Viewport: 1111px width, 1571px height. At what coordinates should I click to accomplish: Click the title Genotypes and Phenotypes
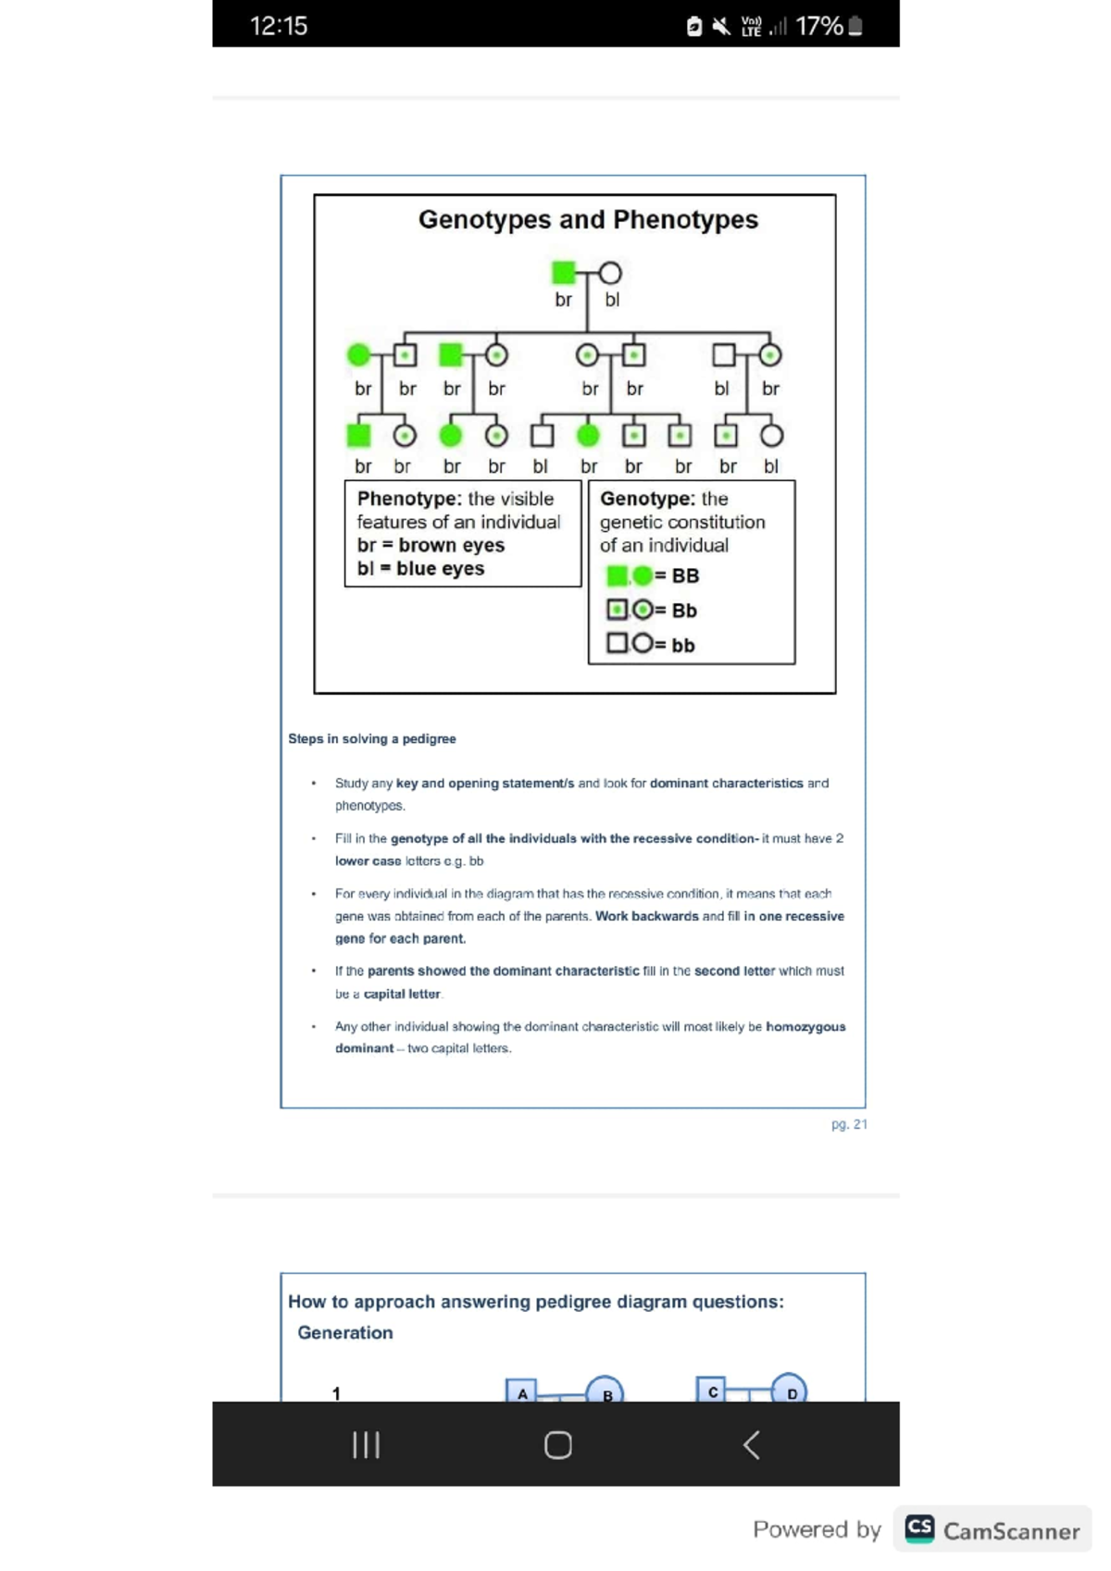point(588,220)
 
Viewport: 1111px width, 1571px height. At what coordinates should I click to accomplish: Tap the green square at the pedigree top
point(563,273)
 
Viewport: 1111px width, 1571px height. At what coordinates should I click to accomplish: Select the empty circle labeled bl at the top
point(610,273)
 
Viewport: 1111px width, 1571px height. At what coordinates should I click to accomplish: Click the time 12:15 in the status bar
point(279,26)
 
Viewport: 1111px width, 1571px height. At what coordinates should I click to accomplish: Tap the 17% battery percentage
point(818,26)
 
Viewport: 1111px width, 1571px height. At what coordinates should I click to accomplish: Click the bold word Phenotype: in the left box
point(409,499)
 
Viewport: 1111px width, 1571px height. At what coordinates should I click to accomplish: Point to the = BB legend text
point(678,576)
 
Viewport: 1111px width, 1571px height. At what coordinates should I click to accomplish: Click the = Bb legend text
point(677,611)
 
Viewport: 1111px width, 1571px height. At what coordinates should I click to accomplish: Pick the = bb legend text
point(676,646)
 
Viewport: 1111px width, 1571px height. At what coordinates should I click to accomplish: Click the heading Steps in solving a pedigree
point(371,739)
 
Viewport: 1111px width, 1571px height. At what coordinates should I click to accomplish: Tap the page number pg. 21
point(849,1124)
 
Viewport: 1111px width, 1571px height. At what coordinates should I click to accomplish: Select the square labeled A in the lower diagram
point(522,1392)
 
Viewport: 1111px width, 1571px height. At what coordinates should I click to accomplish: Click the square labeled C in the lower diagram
point(712,1390)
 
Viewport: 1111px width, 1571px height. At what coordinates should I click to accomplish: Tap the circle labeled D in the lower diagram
point(790,1390)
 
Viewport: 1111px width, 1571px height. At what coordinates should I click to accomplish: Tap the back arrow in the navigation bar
point(752,1444)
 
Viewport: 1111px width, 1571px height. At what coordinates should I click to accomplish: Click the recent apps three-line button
point(367,1444)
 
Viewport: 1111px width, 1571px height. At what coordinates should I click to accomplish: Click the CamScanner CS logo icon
point(919,1528)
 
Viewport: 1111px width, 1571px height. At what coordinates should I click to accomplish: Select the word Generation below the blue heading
point(345,1332)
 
